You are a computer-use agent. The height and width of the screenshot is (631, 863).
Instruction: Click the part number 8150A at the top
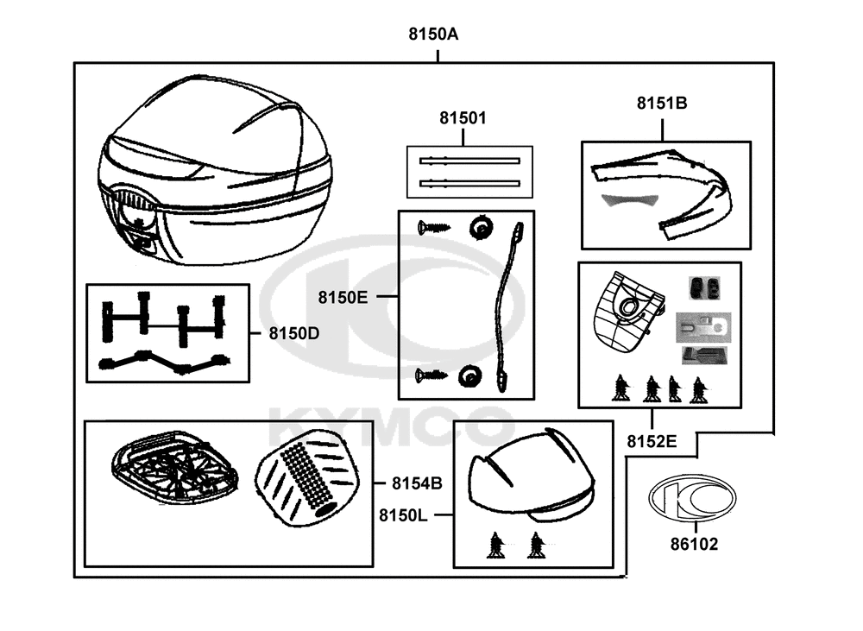(x=433, y=35)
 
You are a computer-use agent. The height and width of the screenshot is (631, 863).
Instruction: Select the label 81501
(x=463, y=118)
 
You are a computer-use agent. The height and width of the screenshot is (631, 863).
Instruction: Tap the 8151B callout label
(x=662, y=103)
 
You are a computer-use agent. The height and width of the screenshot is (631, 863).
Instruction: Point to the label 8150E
(x=343, y=297)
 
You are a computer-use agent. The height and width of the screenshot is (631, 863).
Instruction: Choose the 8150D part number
(x=294, y=334)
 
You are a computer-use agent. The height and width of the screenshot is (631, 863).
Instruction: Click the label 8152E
(x=652, y=442)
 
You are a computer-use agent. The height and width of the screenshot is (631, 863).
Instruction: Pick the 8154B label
(x=417, y=483)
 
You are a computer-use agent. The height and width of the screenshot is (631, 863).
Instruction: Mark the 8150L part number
(x=403, y=515)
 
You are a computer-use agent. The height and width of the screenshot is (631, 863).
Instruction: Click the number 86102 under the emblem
(x=694, y=544)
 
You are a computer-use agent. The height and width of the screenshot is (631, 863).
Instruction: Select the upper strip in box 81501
(x=469, y=161)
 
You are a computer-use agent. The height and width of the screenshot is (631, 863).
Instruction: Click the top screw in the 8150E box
(x=434, y=227)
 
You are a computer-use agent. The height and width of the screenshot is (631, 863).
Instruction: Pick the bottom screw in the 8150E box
(x=431, y=375)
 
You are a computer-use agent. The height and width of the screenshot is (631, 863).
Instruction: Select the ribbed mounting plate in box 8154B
(x=175, y=467)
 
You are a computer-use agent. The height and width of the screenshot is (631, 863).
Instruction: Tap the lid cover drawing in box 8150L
(x=531, y=475)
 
